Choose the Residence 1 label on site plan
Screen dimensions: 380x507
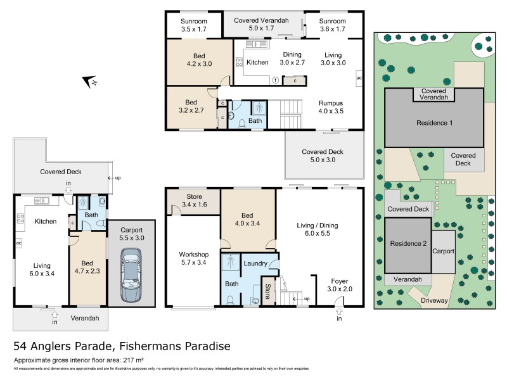point(433,123)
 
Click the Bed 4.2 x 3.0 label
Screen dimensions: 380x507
point(200,59)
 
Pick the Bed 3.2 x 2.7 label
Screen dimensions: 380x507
point(191,106)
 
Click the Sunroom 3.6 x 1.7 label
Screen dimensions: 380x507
point(333,24)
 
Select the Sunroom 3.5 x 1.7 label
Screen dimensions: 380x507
point(194,24)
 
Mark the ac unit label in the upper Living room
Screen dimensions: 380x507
point(359,78)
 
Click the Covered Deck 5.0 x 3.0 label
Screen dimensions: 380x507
point(323,156)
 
